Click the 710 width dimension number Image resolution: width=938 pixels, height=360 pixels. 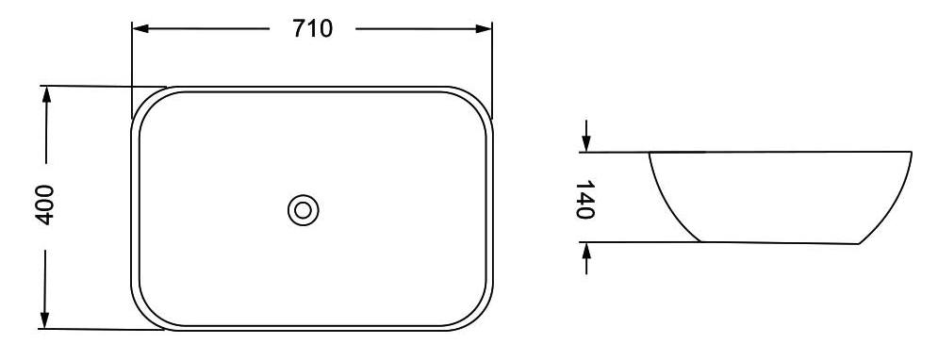coord(311,29)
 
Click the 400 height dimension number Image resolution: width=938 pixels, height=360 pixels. coord(44,205)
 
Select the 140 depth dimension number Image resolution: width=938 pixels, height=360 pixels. coord(584,199)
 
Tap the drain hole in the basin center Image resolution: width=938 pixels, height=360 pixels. coord(303,209)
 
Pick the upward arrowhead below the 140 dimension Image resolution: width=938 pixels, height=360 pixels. coord(586,252)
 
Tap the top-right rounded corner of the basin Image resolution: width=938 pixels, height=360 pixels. coord(480,102)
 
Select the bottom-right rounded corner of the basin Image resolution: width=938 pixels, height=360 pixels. coord(480,317)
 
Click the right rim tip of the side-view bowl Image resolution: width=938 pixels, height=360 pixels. coord(912,153)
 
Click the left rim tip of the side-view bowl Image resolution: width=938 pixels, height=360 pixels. coord(650,153)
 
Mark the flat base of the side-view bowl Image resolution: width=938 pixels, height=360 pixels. coord(779,243)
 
